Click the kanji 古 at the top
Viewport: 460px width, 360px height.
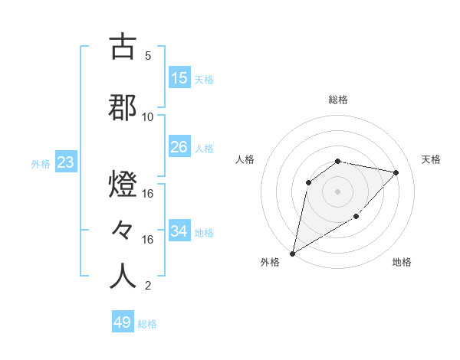pos(123,47)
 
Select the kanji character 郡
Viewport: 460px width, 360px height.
pos(123,108)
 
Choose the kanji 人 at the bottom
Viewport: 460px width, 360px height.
pos(123,276)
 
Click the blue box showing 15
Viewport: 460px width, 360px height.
pos(179,78)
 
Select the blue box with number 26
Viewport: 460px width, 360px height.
pos(179,146)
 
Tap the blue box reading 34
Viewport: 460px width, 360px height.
pos(179,231)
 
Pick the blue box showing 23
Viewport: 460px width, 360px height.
pos(64,163)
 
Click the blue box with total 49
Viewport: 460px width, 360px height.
pos(123,322)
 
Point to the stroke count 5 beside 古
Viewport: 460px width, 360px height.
pos(148,56)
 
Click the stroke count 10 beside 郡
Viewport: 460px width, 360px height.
pos(148,116)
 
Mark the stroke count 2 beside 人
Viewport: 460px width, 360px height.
pos(148,286)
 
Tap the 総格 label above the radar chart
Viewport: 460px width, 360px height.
pos(338,100)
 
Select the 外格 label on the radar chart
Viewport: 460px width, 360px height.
pos(269,263)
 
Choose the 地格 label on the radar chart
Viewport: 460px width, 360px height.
pos(402,263)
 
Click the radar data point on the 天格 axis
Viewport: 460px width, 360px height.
pos(396,172)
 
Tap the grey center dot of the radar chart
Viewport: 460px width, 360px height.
pos(337,191)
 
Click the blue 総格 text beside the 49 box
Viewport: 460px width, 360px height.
pos(148,324)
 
